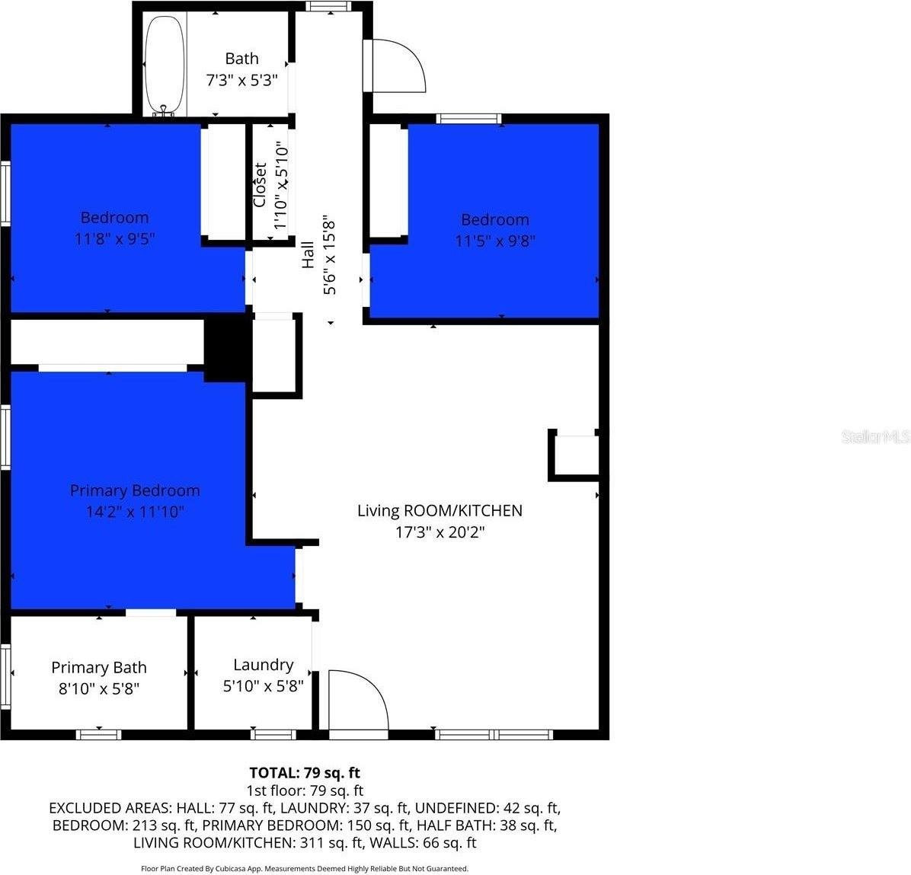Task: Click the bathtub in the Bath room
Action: click(165, 65)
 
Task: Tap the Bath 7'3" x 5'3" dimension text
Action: click(241, 80)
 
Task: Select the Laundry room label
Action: click(264, 665)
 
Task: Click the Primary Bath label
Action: click(99, 668)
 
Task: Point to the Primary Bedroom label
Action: click(135, 490)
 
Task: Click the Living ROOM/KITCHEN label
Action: click(440, 511)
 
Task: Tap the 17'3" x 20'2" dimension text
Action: click(440, 532)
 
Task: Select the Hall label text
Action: click(308, 254)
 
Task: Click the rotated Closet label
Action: click(260, 185)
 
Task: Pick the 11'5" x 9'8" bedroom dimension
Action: click(495, 241)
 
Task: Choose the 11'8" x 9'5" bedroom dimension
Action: click(114, 239)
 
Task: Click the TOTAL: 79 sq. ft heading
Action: click(305, 773)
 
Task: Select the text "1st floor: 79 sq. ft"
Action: click(305, 790)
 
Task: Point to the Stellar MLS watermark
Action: click(875, 437)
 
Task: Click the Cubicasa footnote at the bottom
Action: click(305, 869)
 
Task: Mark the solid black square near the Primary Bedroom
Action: click(228, 347)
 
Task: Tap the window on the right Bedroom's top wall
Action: click(469, 119)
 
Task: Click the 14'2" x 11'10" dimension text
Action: click(135, 512)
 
